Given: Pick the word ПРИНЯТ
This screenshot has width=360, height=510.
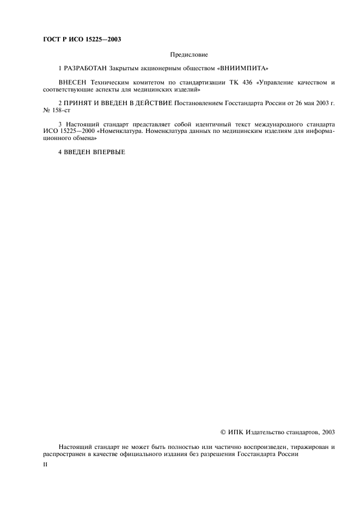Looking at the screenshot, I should point(80,102).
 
